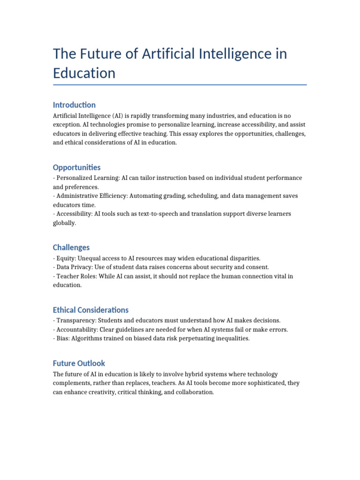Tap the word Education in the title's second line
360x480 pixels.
tap(84, 73)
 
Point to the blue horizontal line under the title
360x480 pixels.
tap(180, 85)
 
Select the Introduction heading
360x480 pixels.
tap(74, 105)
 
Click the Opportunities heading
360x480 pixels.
tap(76, 167)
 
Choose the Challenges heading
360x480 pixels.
tap(71, 247)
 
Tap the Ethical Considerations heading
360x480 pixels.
tap(90, 310)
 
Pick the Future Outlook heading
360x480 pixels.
tap(79, 363)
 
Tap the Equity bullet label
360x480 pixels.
tap(66, 258)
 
